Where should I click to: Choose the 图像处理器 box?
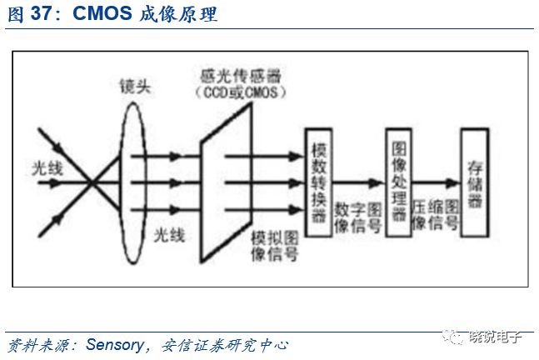point(398,178)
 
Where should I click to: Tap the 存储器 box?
point(477,179)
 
